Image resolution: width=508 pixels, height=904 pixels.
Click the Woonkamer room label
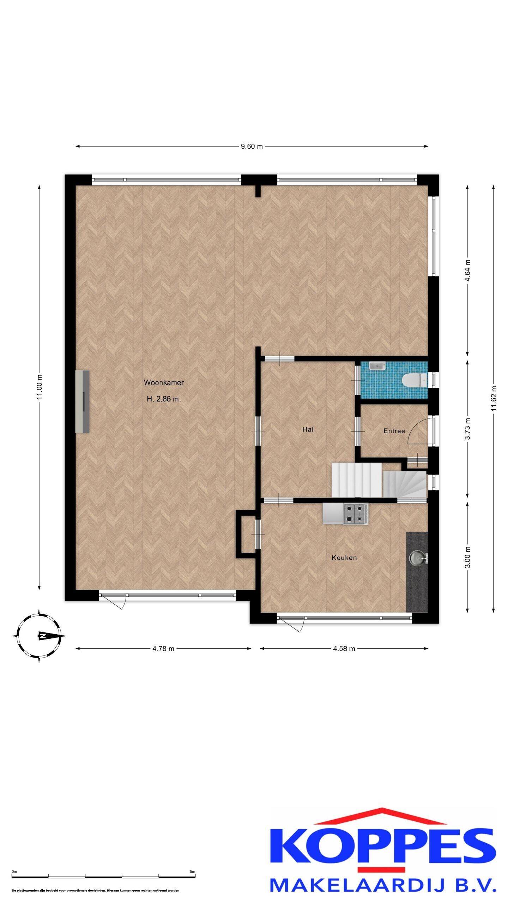pos(164,382)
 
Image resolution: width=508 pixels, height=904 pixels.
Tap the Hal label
pos(308,429)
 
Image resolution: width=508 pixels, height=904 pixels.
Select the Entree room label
pos(394,431)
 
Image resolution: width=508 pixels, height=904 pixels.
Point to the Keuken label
pos(344,558)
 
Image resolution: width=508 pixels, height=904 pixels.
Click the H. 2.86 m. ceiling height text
pos(164,399)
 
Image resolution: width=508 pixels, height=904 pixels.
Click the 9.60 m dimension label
pos(252,146)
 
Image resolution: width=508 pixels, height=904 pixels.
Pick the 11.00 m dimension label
pos(39,387)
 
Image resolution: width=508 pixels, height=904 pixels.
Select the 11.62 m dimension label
pos(494,398)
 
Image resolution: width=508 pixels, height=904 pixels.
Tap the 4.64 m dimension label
pos(468,270)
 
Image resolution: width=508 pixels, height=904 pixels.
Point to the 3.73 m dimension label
pos(468,429)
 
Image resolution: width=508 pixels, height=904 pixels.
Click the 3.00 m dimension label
pos(468,557)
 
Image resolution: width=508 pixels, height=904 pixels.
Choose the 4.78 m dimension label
pos(163,649)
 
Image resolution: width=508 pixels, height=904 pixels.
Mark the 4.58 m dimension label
pos(344,649)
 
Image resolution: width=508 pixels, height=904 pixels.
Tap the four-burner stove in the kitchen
pos(356,513)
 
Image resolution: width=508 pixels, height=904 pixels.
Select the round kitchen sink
pos(416,558)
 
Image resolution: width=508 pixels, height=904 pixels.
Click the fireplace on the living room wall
pos(82,401)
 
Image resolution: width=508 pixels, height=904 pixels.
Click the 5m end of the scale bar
pos(195,874)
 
